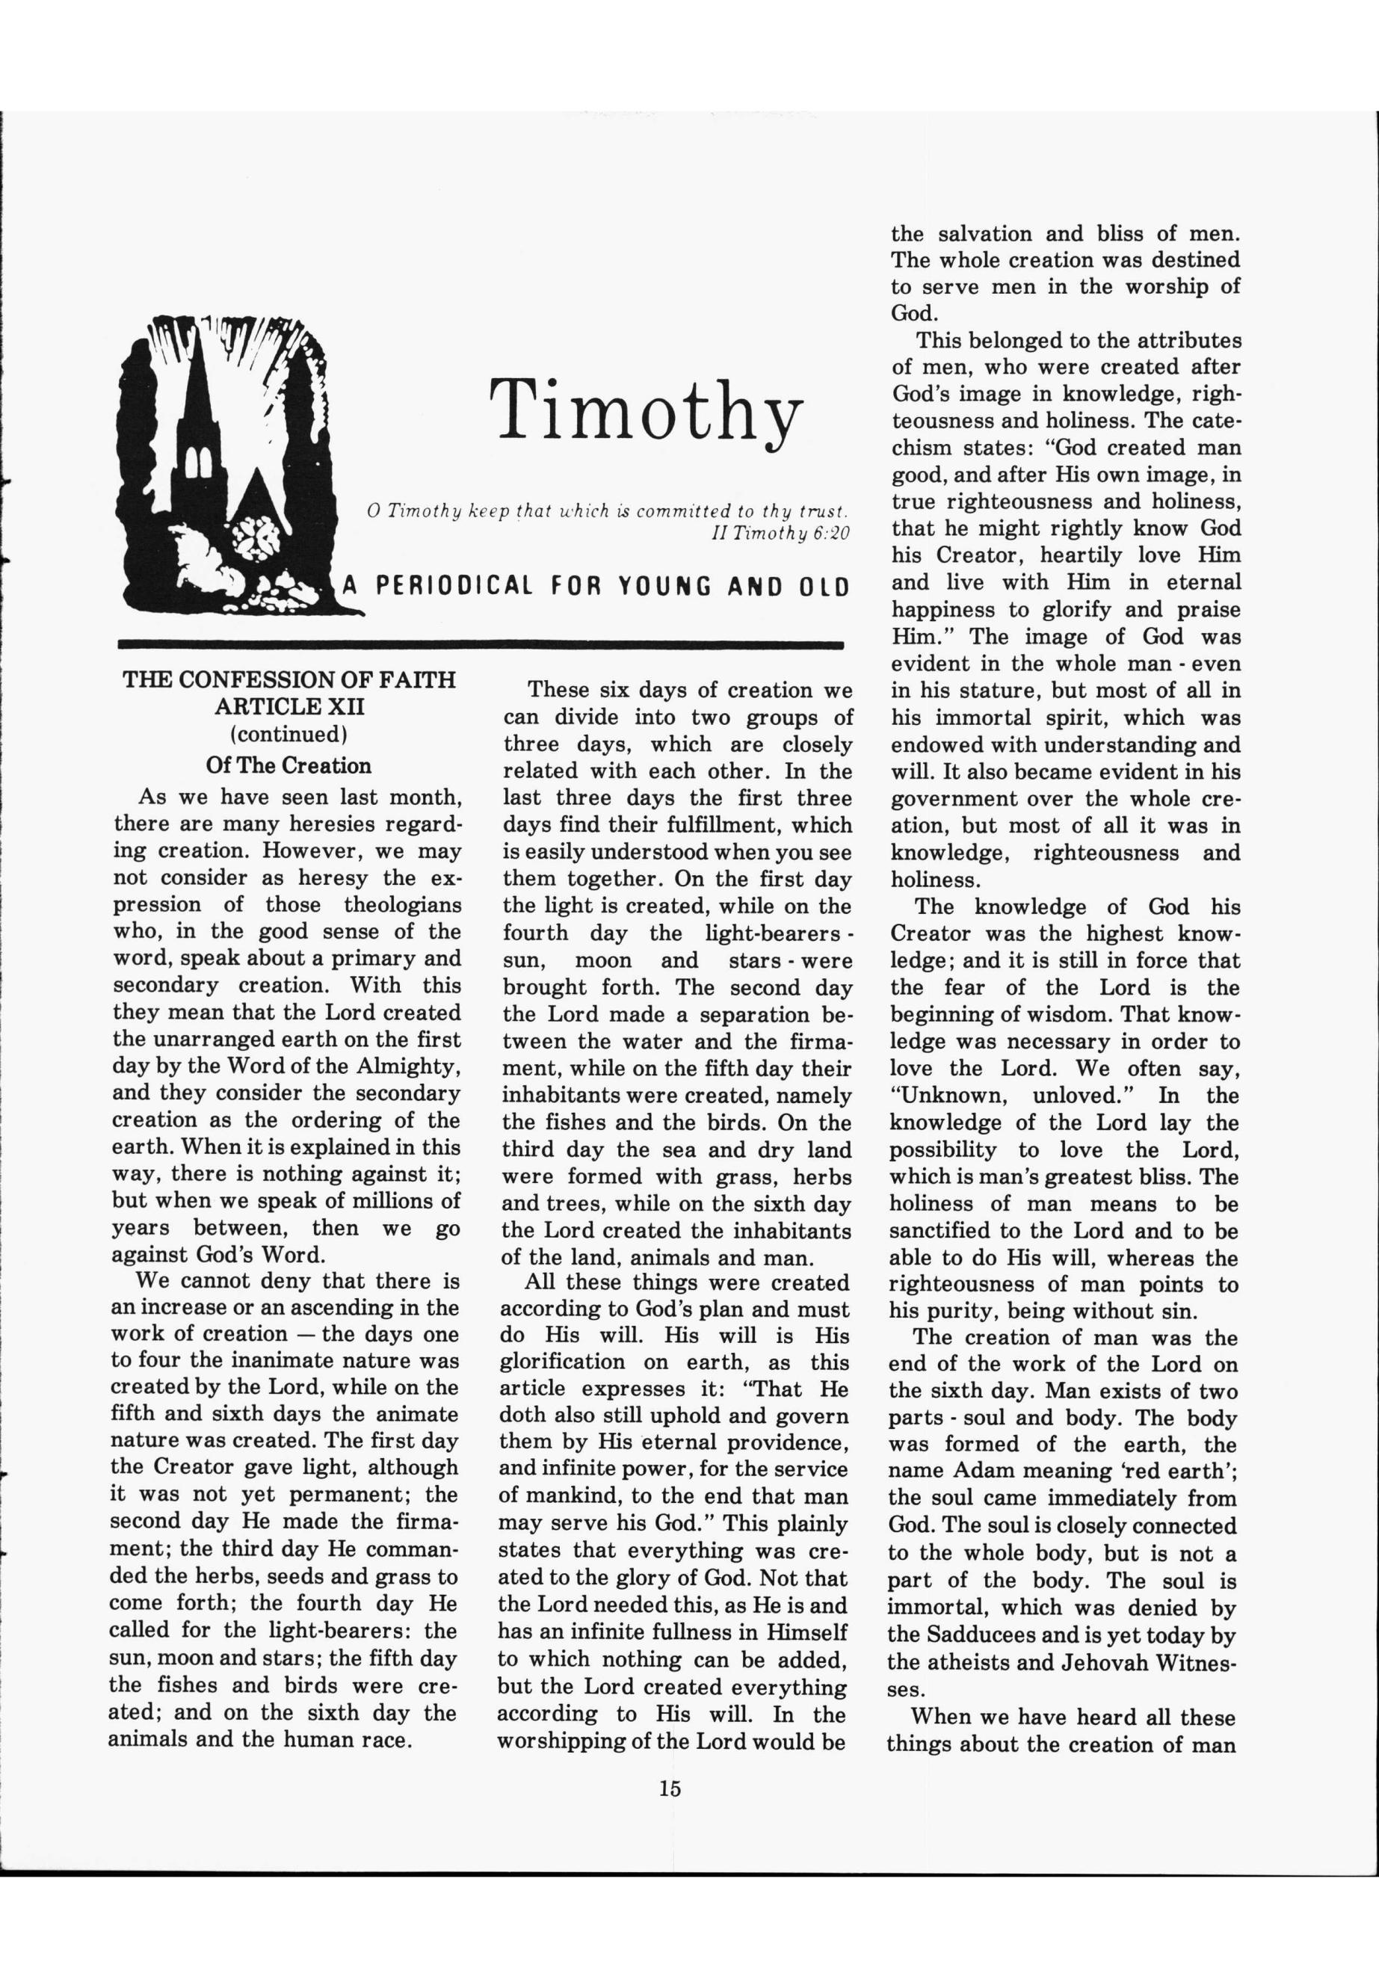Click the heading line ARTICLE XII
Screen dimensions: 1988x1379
point(289,707)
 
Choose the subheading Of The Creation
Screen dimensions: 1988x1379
point(289,765)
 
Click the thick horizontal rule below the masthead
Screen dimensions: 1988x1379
point(480,644)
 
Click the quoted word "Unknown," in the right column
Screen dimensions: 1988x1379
point(948,1096)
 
